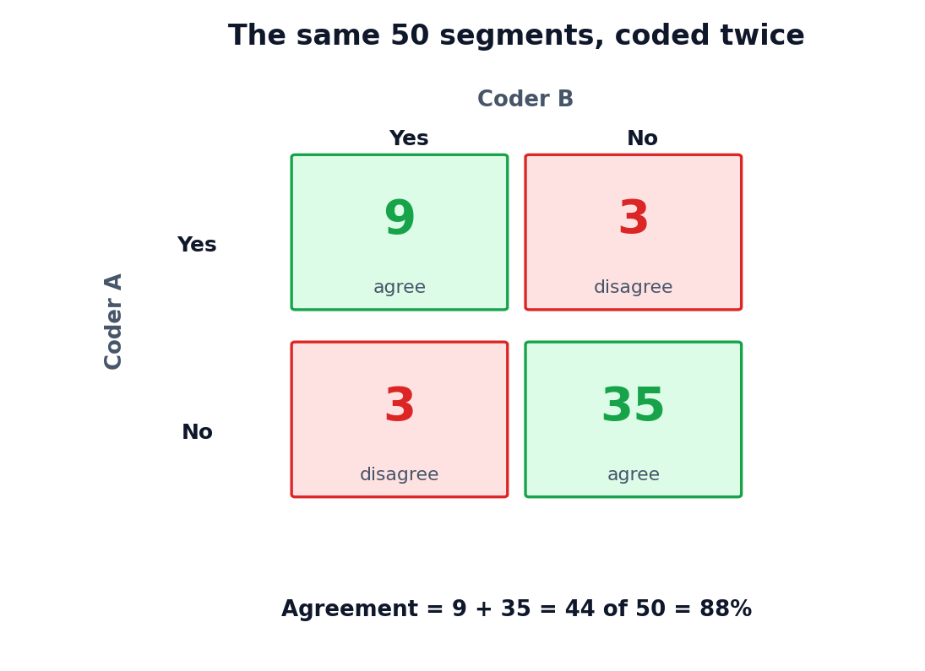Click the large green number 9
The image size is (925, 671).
pos(400,218)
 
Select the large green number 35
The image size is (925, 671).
pos(633,405)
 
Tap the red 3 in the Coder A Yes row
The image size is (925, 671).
pos(634,218)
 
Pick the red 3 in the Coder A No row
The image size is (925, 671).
pos(400,405)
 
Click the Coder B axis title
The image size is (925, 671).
pos(525,99)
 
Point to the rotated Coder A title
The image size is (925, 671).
pos(112,322)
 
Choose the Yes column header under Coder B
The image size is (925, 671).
pos(409,138)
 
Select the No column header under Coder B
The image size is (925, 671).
pos(642,138)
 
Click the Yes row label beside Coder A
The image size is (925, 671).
pos(197,244)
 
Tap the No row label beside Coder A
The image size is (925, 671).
pos(197,431)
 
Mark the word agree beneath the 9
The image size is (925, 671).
pos(400,287)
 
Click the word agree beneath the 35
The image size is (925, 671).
pos(634,474)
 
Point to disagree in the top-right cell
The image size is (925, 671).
pos(633,287)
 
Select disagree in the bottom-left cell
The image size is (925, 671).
pos(400,474)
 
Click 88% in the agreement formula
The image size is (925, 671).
pos(726,609)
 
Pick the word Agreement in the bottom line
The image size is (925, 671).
pos(350,609)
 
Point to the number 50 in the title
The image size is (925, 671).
pos(410,35)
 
